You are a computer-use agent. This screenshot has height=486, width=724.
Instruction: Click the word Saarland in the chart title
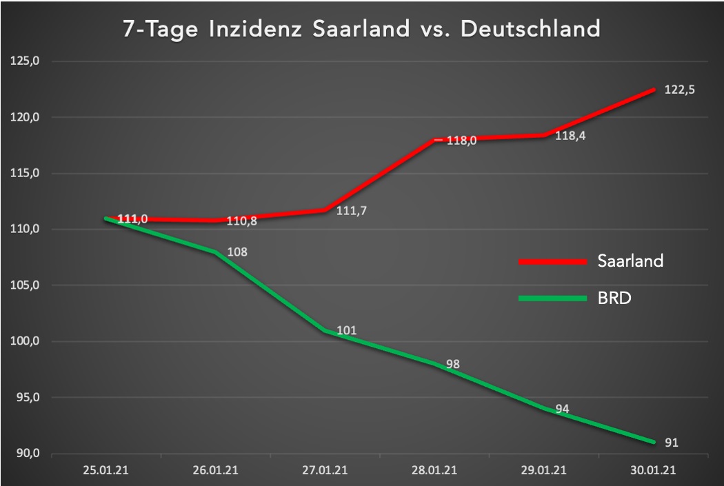coord(363,30)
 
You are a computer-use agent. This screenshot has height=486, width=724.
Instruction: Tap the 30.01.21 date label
coord(652,472)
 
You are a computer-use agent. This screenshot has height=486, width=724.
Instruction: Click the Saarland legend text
coord(631,261)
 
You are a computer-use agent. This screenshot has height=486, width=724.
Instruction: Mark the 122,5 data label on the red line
coord(678,90)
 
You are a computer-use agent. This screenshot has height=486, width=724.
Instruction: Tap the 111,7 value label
coord(351,211)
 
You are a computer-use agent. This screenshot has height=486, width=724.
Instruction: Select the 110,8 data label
coord(242,222)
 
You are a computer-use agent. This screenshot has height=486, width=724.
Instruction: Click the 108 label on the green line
coord(237,252)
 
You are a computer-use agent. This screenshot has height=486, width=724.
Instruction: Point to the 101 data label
coord(347,331)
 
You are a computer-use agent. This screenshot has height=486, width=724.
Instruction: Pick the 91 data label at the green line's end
coord(671,443)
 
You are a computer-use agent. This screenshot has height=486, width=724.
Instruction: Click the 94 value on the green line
coord(562,409)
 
